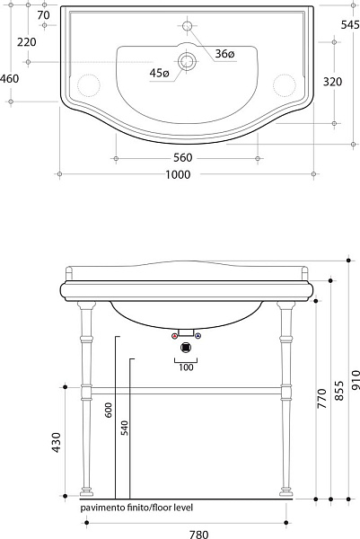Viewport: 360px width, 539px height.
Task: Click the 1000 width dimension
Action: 183,175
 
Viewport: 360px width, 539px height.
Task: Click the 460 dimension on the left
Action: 10,78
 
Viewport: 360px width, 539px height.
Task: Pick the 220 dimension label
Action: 26,42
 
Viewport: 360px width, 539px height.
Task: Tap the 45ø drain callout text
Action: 159,73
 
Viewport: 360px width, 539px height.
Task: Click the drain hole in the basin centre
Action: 187,62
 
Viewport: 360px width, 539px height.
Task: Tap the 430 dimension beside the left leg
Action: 57,441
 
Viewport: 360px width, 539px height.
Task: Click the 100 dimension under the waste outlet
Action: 186,367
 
